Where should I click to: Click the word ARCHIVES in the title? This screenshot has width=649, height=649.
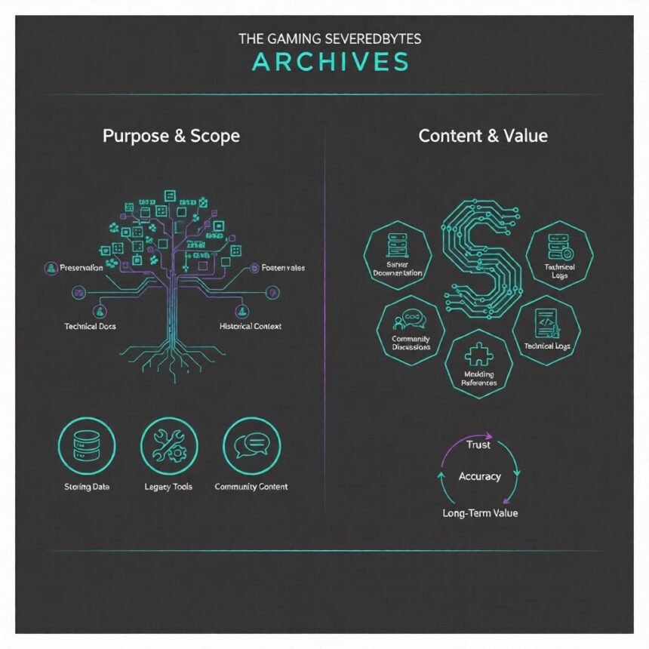pyautogui.click(x=330, y=62)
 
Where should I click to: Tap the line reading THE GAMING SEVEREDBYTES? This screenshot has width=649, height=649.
pyautogui.click(x=330, y=38)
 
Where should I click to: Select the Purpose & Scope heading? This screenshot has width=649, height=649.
pyautogui.click(x=171, y=136)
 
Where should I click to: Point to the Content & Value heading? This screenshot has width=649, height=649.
pyautogui.click(x=483, y=136)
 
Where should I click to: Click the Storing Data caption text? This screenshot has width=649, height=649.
pyautogui.click(x=86, y=487)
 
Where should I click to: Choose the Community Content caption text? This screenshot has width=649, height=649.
pyautogui.click(x=251, y=487)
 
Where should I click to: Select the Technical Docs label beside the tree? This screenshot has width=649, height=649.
pyautogui.click(x=91, y=326)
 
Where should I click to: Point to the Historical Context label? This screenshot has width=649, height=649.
pyautogui.click(x=251, y=326)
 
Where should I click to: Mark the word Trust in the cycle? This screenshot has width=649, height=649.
pyautogui.click(x=478, y=445)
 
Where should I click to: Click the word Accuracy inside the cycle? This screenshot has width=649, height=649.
pyautogui.click(x=479, y=476)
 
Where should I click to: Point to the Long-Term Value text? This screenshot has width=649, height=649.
pyautogui.click(x=479, y=513)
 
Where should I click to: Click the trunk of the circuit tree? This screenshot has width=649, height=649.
pyautogui.click(x=174, y=302)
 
